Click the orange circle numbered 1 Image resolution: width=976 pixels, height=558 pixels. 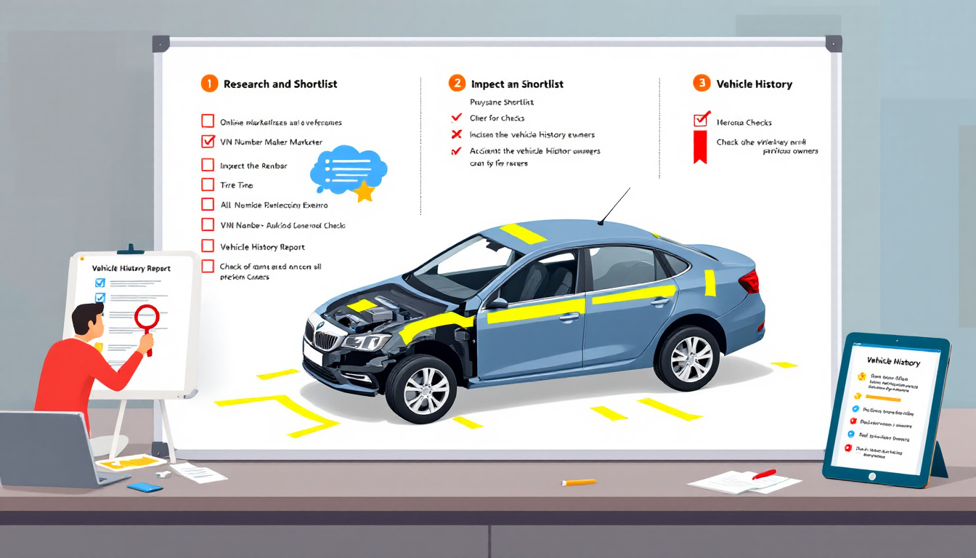pyautogui.click(x=209, y=84)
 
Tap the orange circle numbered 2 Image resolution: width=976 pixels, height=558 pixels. pyautogui.click(x=457, y=83)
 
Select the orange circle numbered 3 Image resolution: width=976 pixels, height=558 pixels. pyautogui.click(x=701, y=83)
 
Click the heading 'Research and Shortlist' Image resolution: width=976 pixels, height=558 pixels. pyautogui.click(x=280, y=84)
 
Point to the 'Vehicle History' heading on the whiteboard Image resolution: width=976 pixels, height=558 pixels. pyautogui.click(x=754, y=84)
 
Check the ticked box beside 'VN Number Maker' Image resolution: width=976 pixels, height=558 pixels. pyautogui.click(x=208, y=141)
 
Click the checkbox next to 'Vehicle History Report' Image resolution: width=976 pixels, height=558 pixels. pyautogui.click(x=208, y=246)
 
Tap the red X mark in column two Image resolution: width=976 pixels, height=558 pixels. pyautogui.click(x=457, y=134)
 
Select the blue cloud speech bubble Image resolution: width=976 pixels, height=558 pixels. pyautogui.click(x=346, y=170)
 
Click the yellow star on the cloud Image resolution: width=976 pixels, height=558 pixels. pyautogui.click(x=363, y=192)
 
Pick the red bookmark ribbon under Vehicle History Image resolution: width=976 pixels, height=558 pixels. pyautogui.click(x=700, y=147)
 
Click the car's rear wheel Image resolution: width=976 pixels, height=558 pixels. pyautogui.click(x=687, y=357)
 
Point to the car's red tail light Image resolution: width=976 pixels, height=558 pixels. pyautogui.click(x=748, y=280)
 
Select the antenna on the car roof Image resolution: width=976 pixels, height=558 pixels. pyautogui.click(x=614, y=206)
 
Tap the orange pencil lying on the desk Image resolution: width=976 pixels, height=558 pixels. pyautogui.click(x=579, y=482)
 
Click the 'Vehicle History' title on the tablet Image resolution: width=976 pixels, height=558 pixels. pyautogui.click(x=892, y=362)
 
